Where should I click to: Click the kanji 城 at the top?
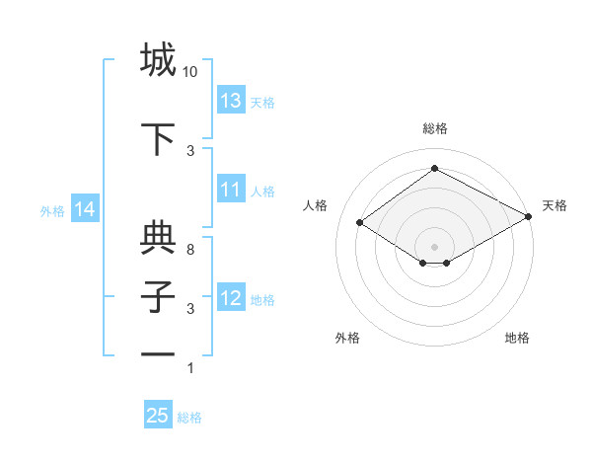click(x=158, y=60)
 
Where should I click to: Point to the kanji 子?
click(x=158, y=297)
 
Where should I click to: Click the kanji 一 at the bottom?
click(x=158, y=355)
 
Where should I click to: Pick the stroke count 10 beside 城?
click(x=190, y=72)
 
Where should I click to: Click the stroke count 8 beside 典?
click(x=190, y=250)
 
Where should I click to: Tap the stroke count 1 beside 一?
click(x=190, y=368)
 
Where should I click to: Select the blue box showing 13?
click(x=231, y=101)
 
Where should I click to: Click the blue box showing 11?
click(x=231, y=190)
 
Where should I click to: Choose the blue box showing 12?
click(x=231, y=298)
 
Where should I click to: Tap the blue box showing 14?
click(x=84, y=209)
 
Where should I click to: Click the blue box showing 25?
click(x=158, y=416)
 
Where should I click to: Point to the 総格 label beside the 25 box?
click(x=189, y=418)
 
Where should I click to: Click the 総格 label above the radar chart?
click(x=434, y=128)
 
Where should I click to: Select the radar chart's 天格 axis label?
click(x=555, y=205)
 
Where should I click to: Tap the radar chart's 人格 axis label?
click(x=316, y=205)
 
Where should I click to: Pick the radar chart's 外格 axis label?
click(x=347, y=338)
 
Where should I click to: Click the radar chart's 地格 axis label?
click(x=517, y=338)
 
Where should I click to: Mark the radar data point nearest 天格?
click(x=528, y=217)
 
